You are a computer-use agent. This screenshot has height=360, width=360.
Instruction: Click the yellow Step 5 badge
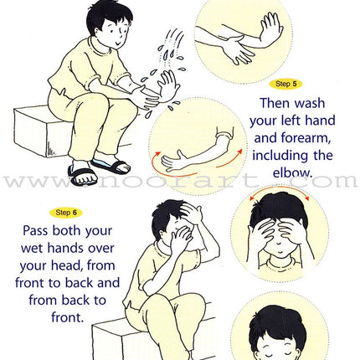(x=285, y=84)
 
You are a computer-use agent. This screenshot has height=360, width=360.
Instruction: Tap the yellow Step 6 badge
(x=66, y=213)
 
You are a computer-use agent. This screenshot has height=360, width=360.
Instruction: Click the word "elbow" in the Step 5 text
(x=291, y=173)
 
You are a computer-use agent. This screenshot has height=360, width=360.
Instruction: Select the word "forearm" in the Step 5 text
(x=306, y=138)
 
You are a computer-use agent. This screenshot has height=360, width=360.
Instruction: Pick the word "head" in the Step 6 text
(x=67, y=265)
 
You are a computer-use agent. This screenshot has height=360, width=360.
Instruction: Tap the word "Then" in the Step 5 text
(x=275, y=103)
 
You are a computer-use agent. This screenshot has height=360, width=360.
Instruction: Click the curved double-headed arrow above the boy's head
(x=280, y=189)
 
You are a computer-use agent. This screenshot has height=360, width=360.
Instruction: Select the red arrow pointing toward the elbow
(x=229, y=160)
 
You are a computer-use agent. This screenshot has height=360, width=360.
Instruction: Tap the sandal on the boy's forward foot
(x=83, y=176)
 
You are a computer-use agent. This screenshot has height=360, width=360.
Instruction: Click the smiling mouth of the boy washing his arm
(x=117, y=44)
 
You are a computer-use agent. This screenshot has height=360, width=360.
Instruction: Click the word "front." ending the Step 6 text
(x=68, y=317)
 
